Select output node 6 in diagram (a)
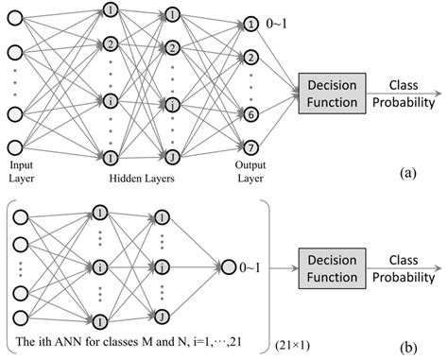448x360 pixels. [x=250, y=112]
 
